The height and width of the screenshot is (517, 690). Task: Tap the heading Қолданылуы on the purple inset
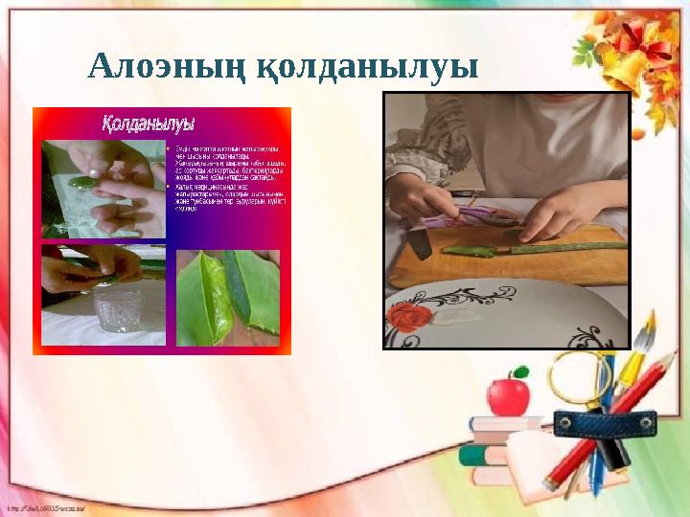149,124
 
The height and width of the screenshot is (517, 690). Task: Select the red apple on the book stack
507,394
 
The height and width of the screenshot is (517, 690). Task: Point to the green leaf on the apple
520,371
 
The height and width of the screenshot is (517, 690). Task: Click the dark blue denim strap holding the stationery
604,422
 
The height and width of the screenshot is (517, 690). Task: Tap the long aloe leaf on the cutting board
565,248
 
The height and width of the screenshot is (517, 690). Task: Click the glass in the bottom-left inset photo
118,306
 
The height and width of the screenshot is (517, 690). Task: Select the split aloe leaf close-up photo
228,297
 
